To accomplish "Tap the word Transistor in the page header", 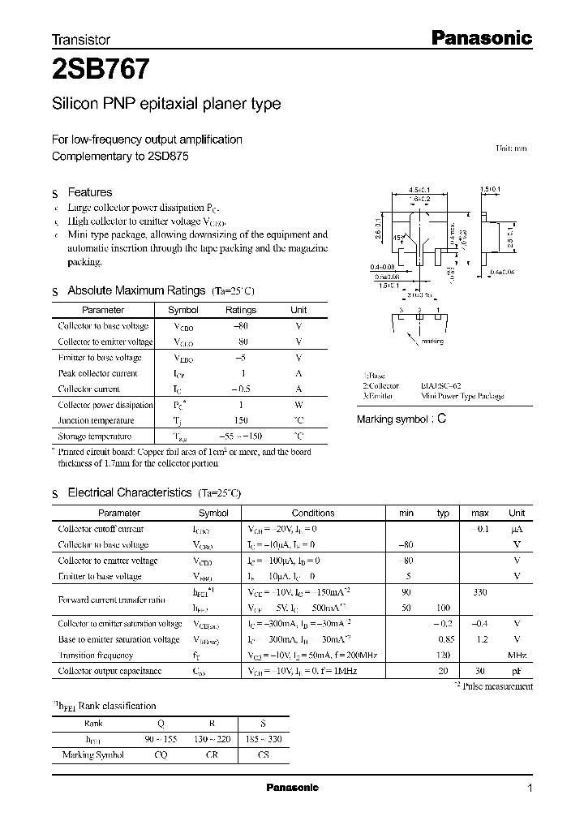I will [81, 39].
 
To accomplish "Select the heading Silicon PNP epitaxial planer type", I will [166, 104].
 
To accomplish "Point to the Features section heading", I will [89, 192].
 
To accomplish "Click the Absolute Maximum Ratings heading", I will [136, 290].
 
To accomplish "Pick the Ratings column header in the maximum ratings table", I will [240, 310].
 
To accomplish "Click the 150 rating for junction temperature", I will [241, 420].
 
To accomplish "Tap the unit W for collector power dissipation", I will [298, 405].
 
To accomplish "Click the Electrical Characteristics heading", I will [130, 492].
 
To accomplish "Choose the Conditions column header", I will [313, 513].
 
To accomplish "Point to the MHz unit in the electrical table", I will [517, 655].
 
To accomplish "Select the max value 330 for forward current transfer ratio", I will [479, 592].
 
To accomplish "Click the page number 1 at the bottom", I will [530, 789].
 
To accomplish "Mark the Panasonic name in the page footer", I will [293, 788].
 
